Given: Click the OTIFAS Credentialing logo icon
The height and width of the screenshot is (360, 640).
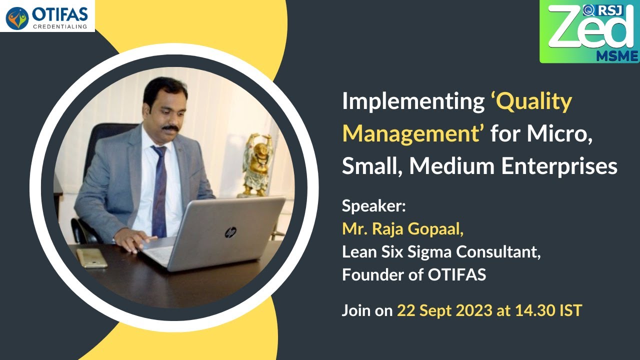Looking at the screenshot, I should [17, 18].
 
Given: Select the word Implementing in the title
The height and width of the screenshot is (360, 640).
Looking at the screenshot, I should [410, 102].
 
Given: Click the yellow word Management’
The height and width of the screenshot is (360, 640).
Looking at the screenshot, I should [413, 134].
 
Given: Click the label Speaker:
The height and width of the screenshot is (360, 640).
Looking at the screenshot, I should [374, 206].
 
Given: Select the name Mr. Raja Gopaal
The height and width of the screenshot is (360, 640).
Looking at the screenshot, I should [403, 228].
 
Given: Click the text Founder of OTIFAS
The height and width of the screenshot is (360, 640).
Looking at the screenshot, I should [414, 274].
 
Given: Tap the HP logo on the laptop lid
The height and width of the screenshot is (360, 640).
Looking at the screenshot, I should [230, 232].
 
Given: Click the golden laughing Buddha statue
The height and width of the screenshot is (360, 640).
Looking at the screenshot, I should [257, 165].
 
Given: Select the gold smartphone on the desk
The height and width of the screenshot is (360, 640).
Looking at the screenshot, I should [92, 258].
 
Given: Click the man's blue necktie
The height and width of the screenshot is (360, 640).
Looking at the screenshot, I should [159, 190].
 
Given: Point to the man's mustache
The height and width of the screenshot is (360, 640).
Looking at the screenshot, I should [169, 128].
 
